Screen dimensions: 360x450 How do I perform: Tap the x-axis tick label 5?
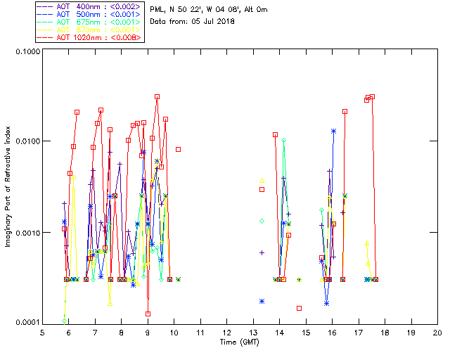[x=42, y=333]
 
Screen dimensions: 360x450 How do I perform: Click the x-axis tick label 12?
[x=226, y=333]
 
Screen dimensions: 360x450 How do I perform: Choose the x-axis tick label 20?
[x=437, y=333]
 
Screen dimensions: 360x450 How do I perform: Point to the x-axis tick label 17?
[x=358, y=333]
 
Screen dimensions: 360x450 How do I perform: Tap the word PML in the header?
[x=157, y=9]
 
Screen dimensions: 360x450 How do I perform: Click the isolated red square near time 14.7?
[x=299, y=308]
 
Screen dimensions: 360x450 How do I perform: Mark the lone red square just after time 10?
[x=179, y=149]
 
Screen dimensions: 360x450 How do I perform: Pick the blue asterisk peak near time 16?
[x=333, y=131]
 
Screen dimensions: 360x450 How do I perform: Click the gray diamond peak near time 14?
[x=283, y=141]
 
